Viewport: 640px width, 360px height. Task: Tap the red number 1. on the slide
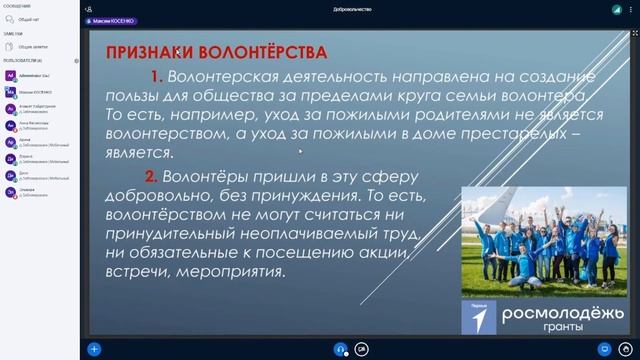(x=156, y=76)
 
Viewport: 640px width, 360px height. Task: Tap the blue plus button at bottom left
(x=94, y=349)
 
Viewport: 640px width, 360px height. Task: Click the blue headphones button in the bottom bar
(x=341, y=349)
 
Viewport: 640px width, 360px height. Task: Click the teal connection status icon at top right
(x=617, y=8)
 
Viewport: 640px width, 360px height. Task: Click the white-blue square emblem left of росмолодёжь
(x=478, y=316)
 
